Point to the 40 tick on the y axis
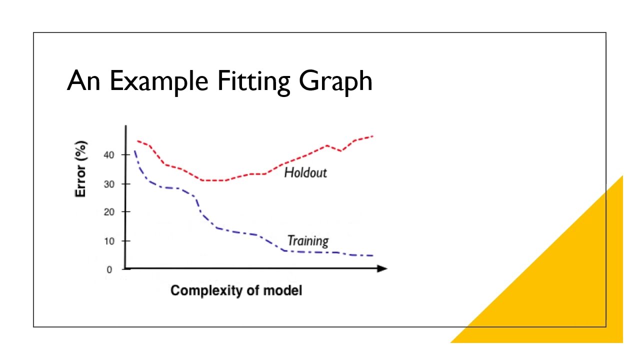(109, 155)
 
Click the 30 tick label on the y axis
(109, 184)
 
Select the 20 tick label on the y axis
(109, 212)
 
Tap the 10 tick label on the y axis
(109, 241)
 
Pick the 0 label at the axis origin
(109, 269)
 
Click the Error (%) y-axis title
(81, 168)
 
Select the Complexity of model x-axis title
(236, 290)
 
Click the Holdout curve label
(305, 173)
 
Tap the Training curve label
(308, 241)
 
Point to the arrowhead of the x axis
(382, 268)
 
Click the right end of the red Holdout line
(372, 136)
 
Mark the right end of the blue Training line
(372, 255)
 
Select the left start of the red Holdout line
(137, 141)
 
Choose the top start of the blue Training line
(134, 150)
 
